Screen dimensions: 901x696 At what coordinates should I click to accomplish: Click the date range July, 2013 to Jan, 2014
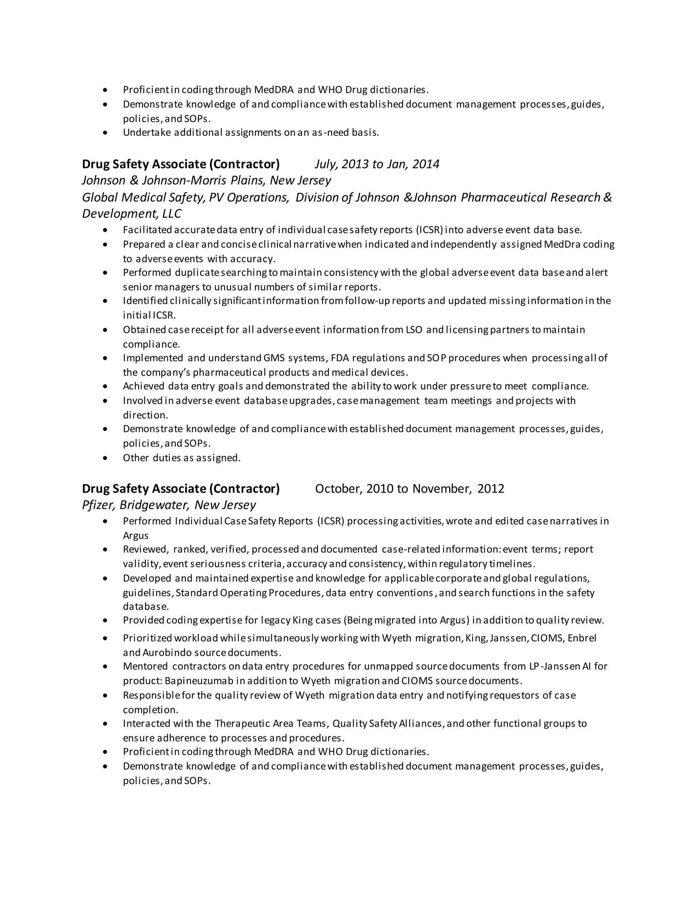tap(377, 164)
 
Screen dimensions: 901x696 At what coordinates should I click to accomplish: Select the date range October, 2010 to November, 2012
tap(409, 489)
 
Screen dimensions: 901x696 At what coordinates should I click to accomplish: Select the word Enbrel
tap(582, 638)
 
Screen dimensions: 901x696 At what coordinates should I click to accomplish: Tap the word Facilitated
tap(147, 230)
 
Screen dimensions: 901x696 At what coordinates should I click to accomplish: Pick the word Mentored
tap(145, 666)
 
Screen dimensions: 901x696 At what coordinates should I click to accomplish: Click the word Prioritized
tap(147, 638)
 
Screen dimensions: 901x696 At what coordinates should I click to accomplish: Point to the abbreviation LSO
tap(414, 329)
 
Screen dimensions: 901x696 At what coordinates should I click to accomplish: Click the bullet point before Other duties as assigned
tap(106, 458)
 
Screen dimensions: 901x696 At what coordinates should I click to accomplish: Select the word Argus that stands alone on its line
tap(136, 535)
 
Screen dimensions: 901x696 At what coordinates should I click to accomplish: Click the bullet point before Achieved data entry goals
tap(106, 387)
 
